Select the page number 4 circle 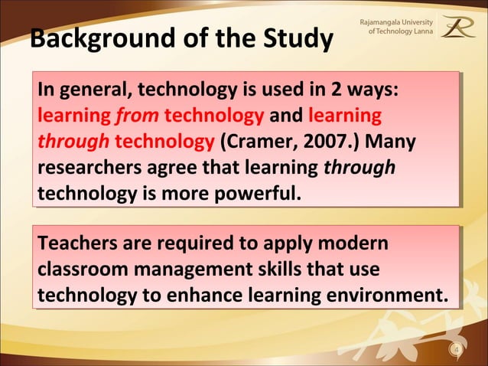tap(457, 351)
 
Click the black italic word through tap(359, 168)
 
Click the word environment tap(389, 296)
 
